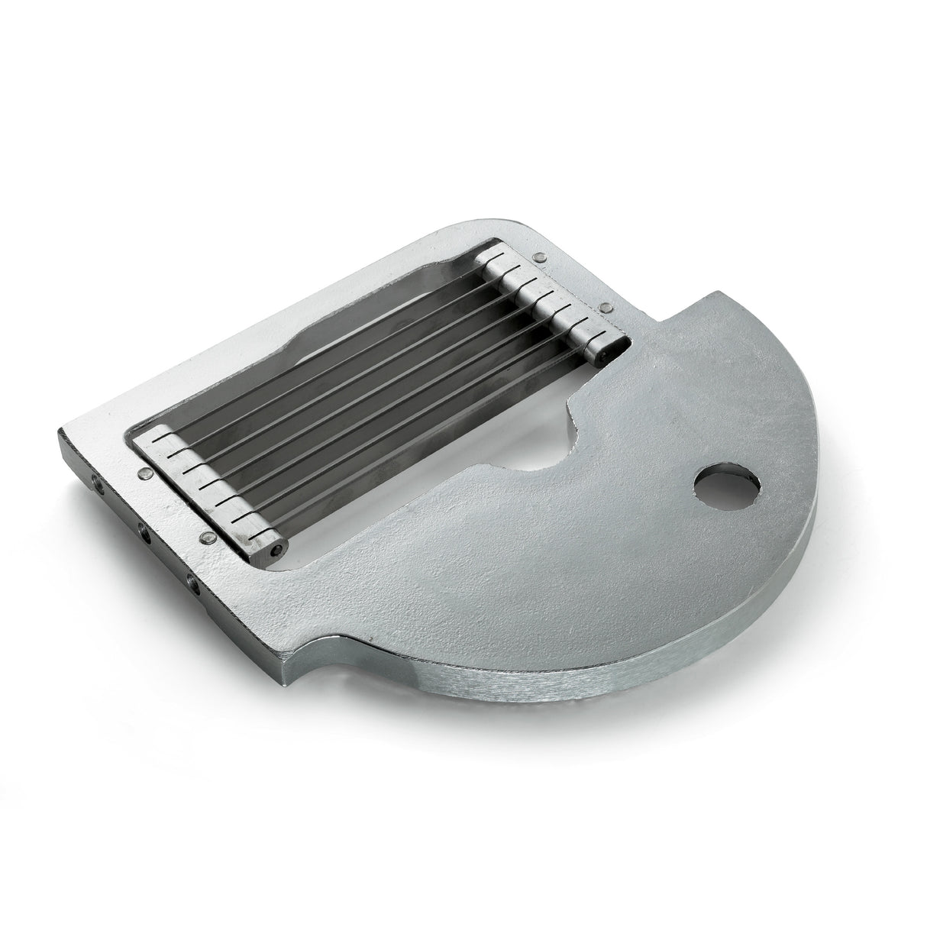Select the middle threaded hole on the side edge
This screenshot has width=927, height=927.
(x=143, y=528)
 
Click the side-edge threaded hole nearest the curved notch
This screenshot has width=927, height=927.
(x=192, y=586)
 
